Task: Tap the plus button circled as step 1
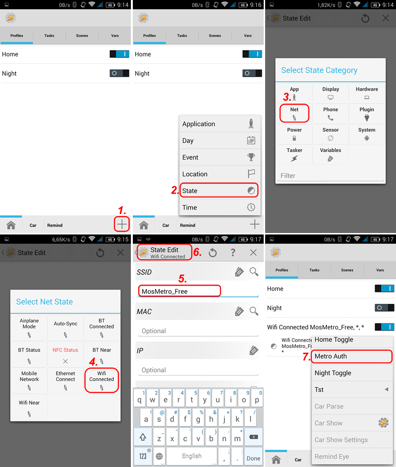point(122,224)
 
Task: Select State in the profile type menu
point(219,191)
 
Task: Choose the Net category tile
point(294,113)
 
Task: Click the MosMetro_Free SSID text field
point(180,291)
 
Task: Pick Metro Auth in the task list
point(352,356)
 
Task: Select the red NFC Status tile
point(66,355)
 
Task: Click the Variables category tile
point(330,154)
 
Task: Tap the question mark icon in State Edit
point(233,252)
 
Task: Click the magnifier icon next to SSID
point(254,271)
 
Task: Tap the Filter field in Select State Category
point(330,176)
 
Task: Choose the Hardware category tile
point(367,93)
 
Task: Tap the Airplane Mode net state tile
point(29,327)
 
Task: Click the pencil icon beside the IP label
point(253,351)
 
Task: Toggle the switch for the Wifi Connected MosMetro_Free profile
point(384,327)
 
